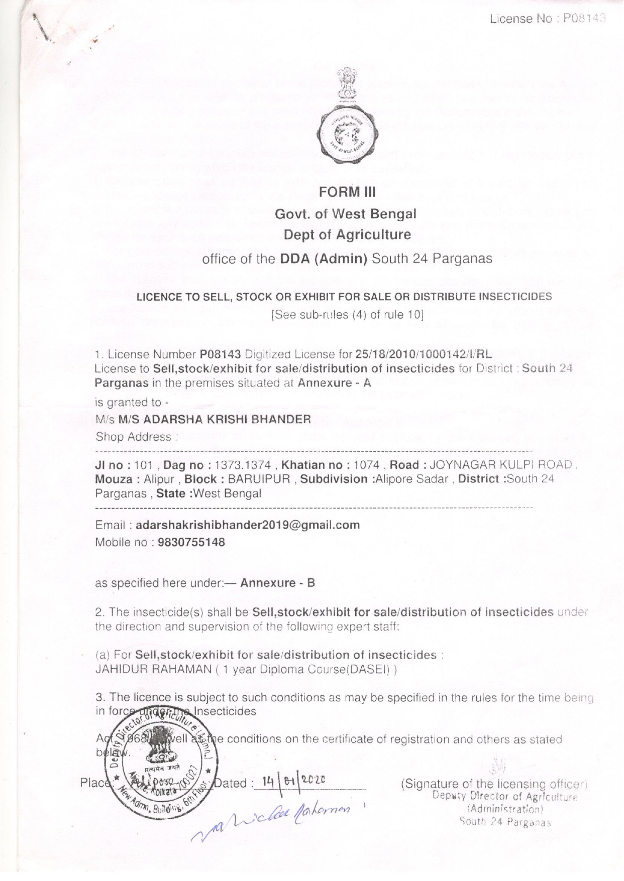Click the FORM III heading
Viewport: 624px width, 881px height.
[x=347, y=193]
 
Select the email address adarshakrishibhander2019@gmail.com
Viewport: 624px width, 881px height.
[x=248, y=525]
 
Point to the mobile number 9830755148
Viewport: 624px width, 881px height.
[x=191, y=542]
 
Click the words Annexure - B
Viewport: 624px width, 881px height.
[x=277, y=583]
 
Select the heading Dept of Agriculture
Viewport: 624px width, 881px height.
[x=347, y=234]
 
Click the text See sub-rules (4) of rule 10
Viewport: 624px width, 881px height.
[x=347, y=315]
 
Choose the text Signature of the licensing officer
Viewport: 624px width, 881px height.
[x=494, y=784]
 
